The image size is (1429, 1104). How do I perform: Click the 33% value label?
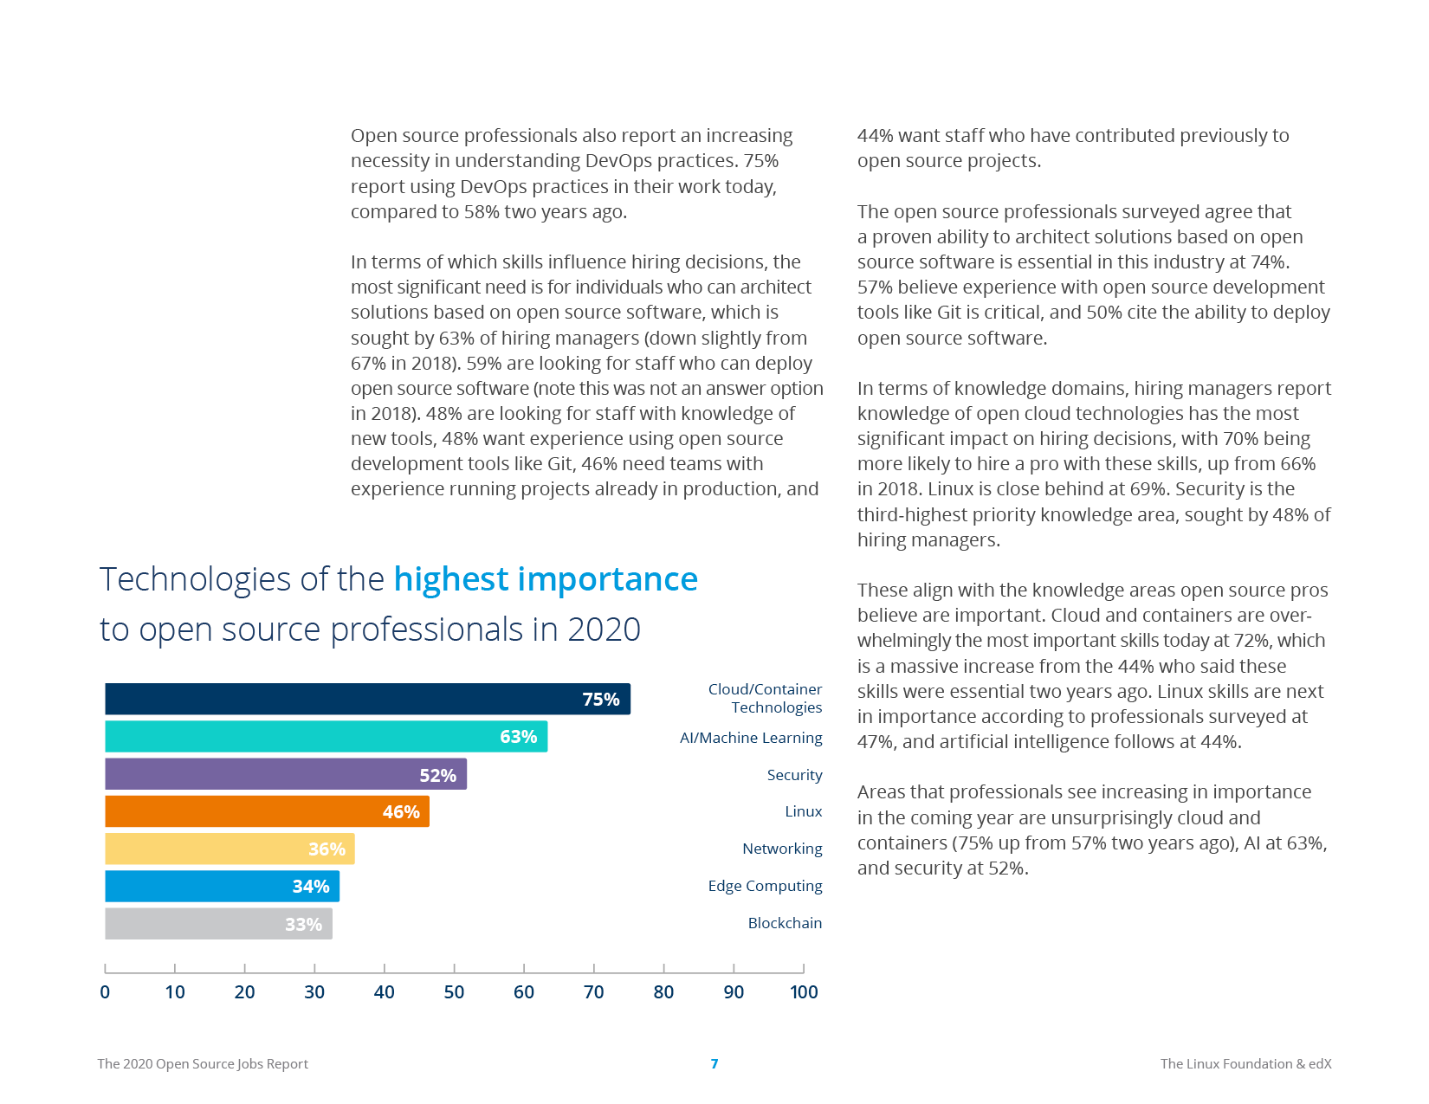click(303, 924)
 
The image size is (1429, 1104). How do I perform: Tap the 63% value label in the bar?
click(518, 737)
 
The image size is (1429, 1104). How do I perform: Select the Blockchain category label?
click(785, 923)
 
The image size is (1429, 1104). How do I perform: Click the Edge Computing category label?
click(765, 886)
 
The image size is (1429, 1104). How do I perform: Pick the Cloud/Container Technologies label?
click(766, 698)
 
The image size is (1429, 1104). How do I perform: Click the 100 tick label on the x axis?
click(804, 992)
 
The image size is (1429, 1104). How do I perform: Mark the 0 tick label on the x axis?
click(105, 992)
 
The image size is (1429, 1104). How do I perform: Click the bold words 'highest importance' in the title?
click(546, 579)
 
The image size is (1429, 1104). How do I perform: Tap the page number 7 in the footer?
click(714, 1064)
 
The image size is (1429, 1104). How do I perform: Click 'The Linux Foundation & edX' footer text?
click(1245, 1064)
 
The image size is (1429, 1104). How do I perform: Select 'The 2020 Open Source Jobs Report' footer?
click(203, 1064)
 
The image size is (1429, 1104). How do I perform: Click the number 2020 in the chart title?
click(604, 629)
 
